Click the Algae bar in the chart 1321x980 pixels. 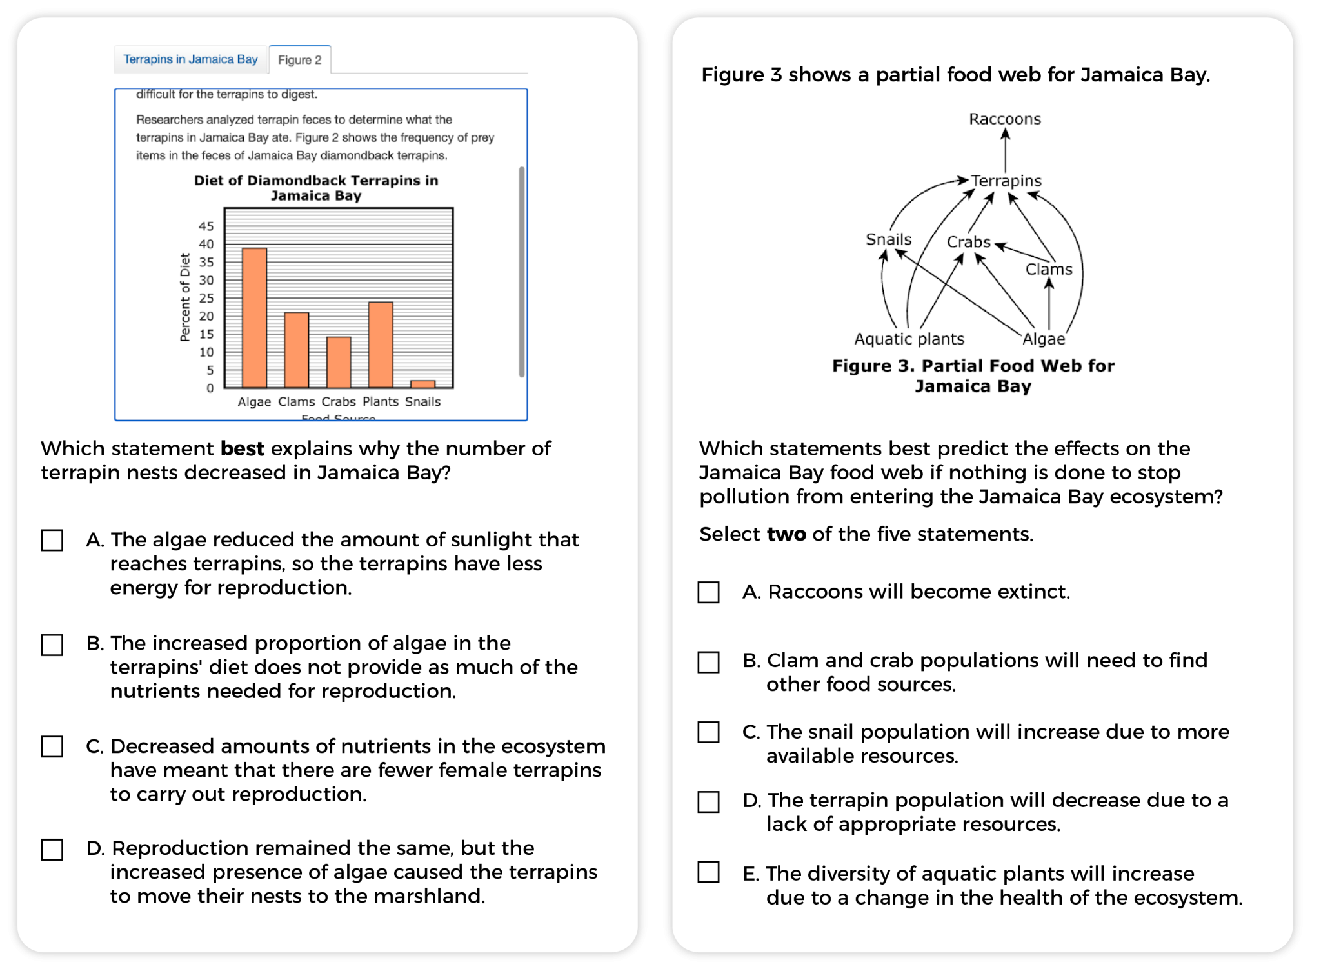[x=254, y=317]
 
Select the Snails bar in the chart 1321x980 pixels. [x=422, y=384]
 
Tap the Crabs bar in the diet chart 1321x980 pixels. [x=339, y=362]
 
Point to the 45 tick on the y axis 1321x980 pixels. [x=206, y=226]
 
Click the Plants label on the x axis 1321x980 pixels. [x=381, y=402]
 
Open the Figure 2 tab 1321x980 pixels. [x=299, y=60]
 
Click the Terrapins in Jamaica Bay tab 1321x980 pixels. [x=190, y=59]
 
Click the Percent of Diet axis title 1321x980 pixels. [x=185, y=297]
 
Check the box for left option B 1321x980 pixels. [x=52, y=645]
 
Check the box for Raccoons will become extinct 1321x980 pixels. [x=708, y=592]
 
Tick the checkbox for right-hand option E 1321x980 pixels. [x=708, y=872]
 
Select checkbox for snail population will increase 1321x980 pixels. [x=708, y=732]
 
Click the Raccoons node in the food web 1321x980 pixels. [x=1004, y=119]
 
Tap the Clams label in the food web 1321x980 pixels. [x=1048, y=270]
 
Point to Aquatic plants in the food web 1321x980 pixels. [x=909, y=339]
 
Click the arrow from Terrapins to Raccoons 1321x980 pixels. [x=1005, y=152]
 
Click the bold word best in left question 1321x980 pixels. [x=242, y=448]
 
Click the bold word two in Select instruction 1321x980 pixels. [x=786, y=534]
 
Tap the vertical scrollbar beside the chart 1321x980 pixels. [x=521, y=271]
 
